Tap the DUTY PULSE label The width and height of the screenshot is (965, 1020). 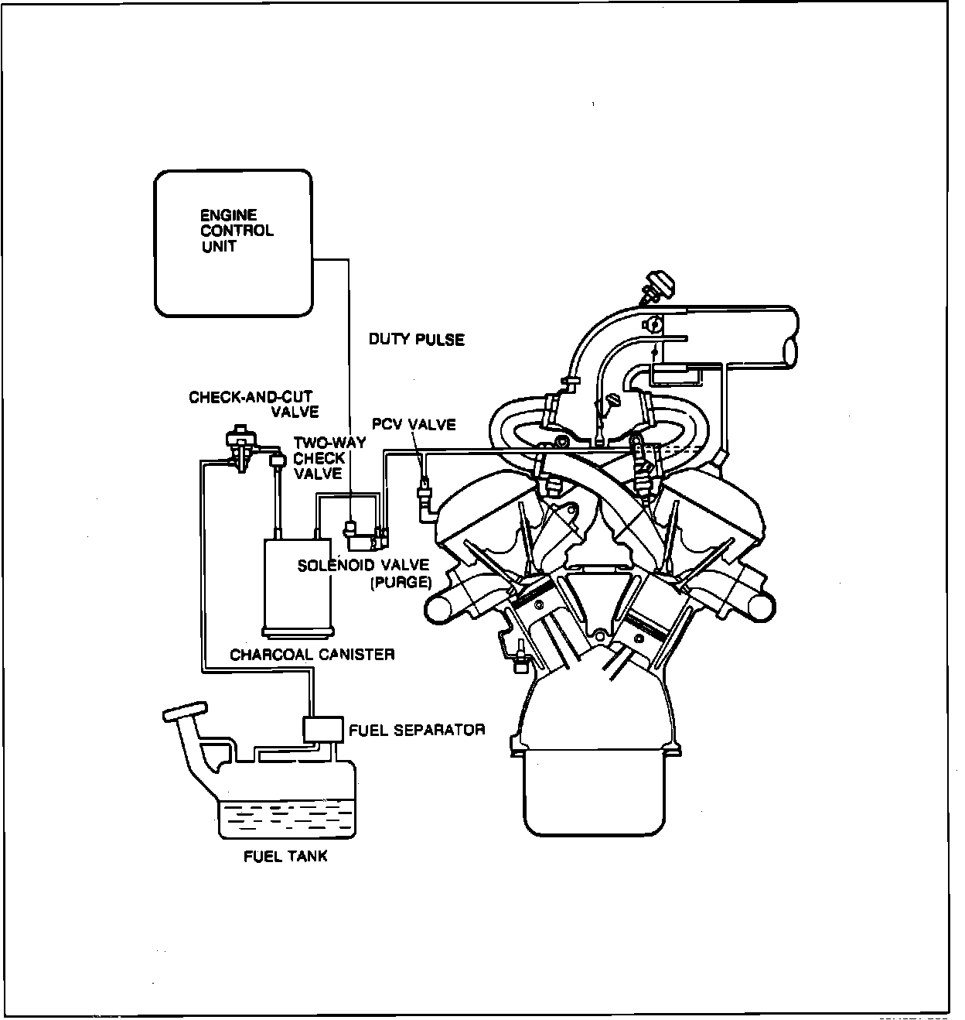click(x=417, y=339)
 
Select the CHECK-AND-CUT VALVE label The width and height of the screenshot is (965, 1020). click(x=254, y=404)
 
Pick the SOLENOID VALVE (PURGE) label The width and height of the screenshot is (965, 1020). click(x=363, y=573)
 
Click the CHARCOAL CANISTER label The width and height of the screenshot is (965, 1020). click(x=312, y=655)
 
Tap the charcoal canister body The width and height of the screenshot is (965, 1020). click(x=299, y=584)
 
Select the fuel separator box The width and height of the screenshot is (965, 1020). click(x=323, y=729)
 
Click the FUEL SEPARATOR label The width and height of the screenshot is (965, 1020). click(x=417, y=730)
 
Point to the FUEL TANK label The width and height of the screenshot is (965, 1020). click(x=285, y=856)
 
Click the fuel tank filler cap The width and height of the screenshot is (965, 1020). click(x=184, y=710)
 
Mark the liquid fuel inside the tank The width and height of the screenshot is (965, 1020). click(x=286, y=819)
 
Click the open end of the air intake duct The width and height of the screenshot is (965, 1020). click(x=791, y=349)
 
